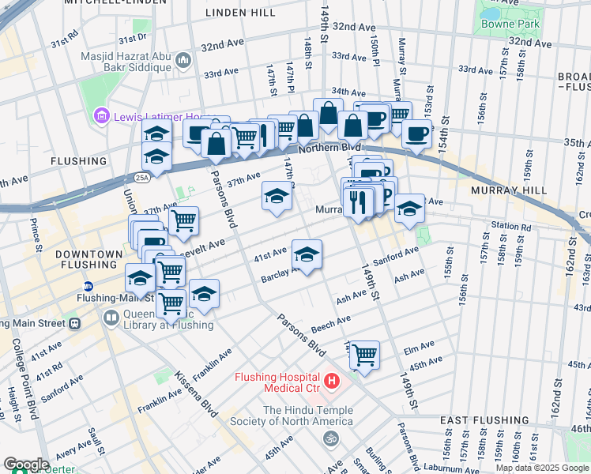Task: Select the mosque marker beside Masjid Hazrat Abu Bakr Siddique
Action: (x=184, y=60)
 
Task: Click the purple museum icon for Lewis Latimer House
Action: (x=100, y=116)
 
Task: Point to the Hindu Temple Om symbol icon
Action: (x=332, y=437)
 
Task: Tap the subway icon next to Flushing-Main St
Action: (x=88, y=286)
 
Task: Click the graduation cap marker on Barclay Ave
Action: (x=307, y=254)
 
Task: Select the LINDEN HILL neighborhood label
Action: (x=239, y=13)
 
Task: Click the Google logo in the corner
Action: (x=26, y=465)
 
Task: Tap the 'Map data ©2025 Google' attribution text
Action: (x=542, y=468)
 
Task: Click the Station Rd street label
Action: (x=510, y=226)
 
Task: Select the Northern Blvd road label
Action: (x=329, y=148)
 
